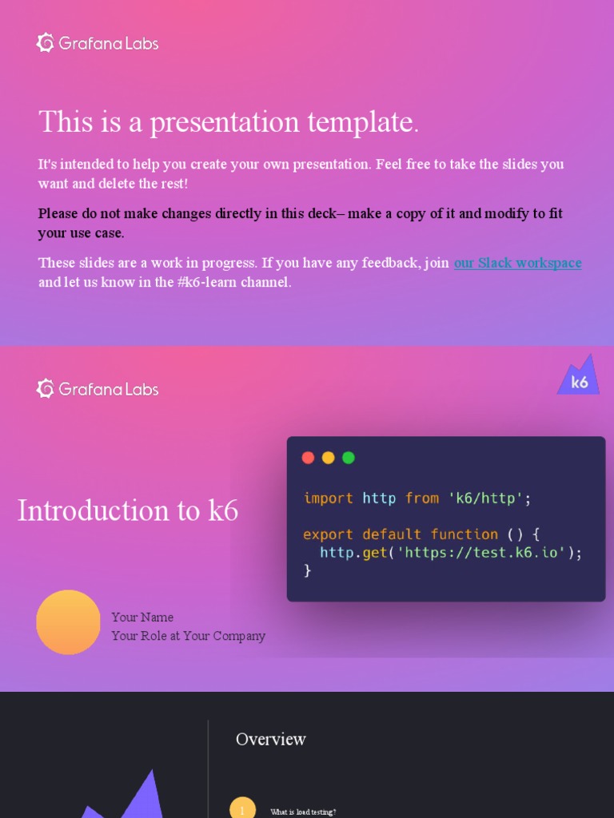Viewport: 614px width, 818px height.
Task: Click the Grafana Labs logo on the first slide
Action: (98, 43)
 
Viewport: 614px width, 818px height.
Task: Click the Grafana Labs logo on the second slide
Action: (98, 389)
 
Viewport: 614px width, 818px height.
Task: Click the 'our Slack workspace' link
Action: (517, 263)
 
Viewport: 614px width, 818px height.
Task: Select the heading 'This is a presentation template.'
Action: (229, 122)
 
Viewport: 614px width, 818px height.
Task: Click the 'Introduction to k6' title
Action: (128, 510)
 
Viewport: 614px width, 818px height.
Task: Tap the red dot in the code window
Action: (308, 458)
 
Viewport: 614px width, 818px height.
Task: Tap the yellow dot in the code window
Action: (328, 458)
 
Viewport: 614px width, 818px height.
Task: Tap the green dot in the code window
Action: (348, 458)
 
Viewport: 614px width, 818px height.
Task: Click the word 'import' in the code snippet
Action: (328, 498)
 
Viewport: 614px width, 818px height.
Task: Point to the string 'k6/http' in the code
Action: (485, 498)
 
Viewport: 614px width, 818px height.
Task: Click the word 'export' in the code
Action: (328, 534)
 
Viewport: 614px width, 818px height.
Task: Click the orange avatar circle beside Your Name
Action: (69, 622)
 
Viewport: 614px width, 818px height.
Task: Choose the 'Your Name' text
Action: (142, 617)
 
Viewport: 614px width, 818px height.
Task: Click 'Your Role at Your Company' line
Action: (189, 636)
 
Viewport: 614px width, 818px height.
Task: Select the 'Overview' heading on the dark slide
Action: (271, 740)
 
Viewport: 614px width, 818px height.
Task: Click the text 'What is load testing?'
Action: (303, 812)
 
